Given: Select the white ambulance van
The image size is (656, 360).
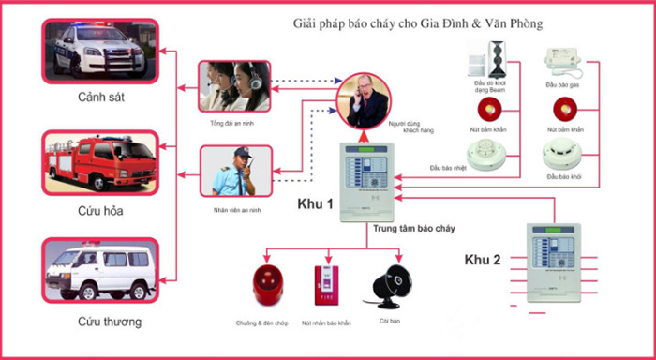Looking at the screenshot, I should coord(97,273).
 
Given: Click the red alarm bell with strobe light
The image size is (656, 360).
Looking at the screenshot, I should coord(267,287).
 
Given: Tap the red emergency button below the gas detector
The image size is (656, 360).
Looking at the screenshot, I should coord(560,107).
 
